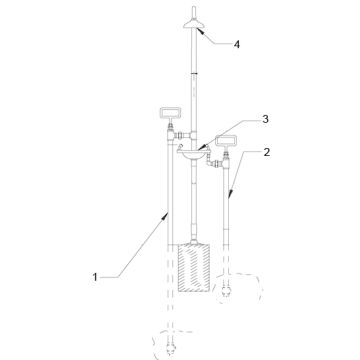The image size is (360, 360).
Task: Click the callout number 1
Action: click(95, 277)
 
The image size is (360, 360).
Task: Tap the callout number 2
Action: click(266, 152)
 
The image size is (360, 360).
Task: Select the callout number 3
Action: click(265, 119)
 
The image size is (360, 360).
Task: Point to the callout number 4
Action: click(236, 44)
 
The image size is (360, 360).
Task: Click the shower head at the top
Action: click(194, 25)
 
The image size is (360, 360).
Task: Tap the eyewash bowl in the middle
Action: click(194, 153)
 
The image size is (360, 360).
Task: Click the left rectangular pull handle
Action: click(171, 113)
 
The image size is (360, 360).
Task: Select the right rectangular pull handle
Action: click(226, 141)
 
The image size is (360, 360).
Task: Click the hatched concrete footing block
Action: click(194, 268)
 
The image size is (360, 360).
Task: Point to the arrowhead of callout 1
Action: click(166, 216)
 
